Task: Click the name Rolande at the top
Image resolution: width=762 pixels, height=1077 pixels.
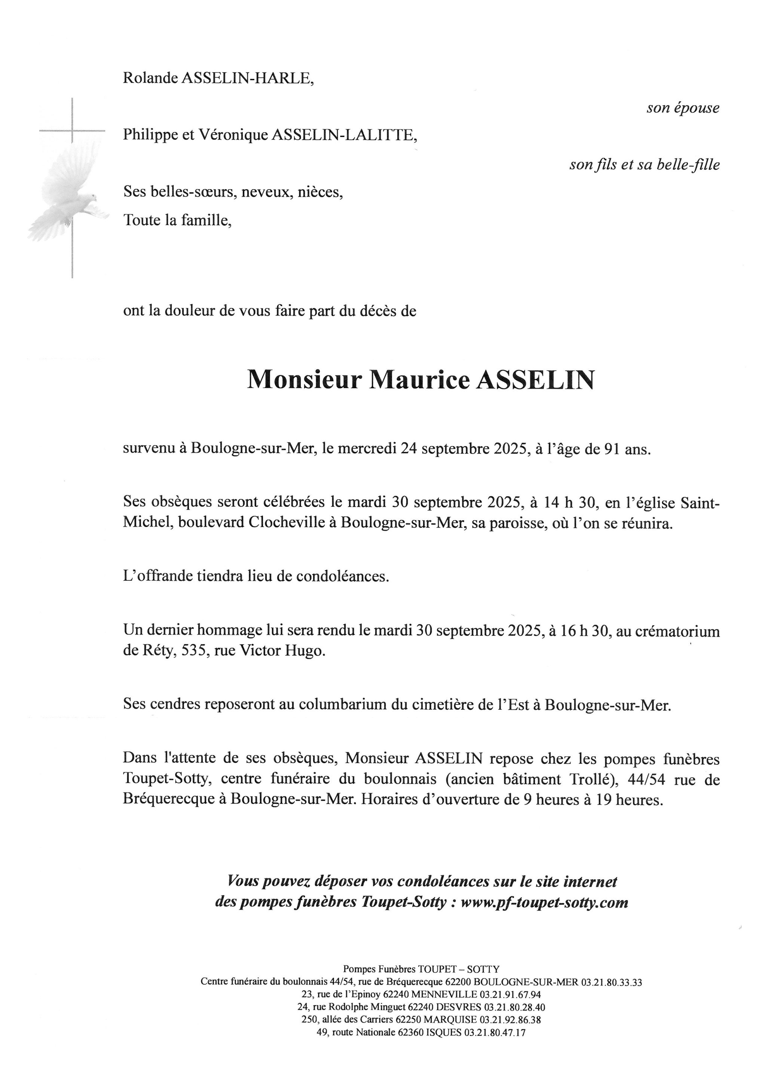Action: [150, 78]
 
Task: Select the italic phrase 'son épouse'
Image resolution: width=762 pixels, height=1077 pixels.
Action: [683, 108]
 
